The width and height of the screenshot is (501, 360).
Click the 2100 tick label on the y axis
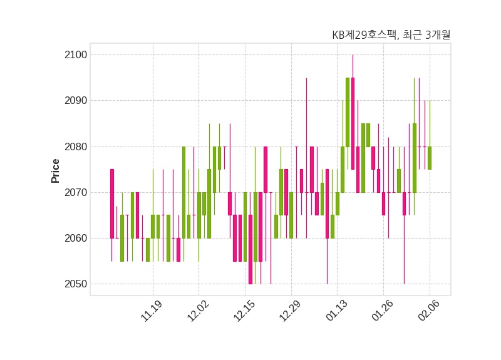75,55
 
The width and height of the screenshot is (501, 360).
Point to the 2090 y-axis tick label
75,101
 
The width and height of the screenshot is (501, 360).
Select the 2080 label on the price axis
75,147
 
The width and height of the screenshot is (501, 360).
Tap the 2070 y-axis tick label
75,192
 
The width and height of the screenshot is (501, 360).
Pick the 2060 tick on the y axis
75,239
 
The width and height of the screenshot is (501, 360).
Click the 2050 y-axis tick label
75,284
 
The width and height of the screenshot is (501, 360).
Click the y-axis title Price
56,170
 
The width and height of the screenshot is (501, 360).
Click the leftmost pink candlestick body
112,203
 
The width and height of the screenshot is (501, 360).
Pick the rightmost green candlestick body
429,158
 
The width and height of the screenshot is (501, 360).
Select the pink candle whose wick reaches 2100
353,123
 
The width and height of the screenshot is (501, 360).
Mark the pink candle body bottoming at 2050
250,249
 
